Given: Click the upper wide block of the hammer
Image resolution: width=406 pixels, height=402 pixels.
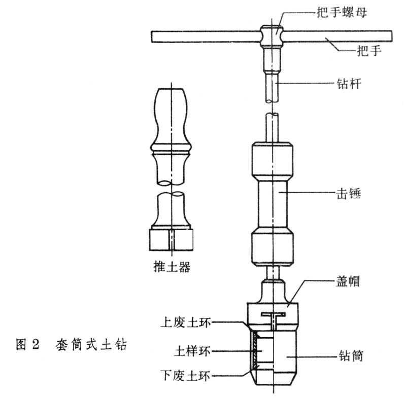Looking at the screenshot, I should coord(272,162).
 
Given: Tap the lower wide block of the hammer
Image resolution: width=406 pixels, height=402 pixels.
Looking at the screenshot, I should coord(272,247).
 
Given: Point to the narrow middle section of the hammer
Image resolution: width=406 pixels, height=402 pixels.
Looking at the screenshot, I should coord(272,204).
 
